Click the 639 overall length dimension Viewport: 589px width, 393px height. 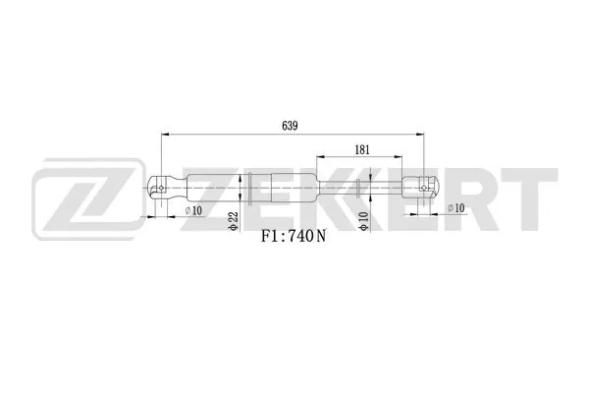click(290, 125)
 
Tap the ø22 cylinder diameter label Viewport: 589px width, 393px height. click(235, 223)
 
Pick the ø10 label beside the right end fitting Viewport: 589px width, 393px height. click(455, 208)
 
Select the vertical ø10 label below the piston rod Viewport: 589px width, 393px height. click(363, 223)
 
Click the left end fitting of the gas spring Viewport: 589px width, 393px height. click(165, 188)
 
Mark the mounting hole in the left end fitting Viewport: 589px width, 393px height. click(158, 188)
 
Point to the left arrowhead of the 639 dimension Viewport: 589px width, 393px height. click(162, 135)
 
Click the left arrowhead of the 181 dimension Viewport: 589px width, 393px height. click(317, 157)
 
